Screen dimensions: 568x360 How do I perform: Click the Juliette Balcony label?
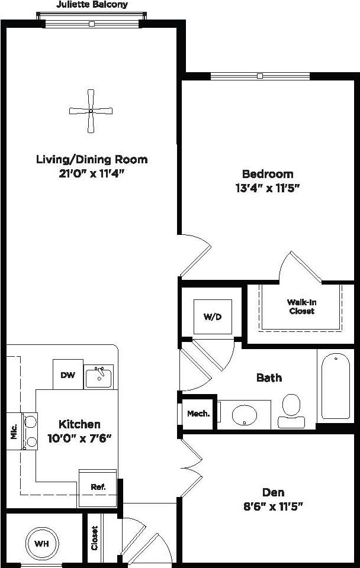point(92,5)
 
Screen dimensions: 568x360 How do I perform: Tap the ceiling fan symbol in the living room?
point(91,111)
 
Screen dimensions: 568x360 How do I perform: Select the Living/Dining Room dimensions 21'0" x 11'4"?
point(92,173)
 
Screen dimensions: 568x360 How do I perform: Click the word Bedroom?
point(268,174)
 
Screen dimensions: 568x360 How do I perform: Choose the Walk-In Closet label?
point(301,306)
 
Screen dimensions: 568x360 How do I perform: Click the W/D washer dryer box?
point(213,317)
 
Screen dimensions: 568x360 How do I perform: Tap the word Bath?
point(269,377)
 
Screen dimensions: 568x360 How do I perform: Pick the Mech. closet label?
point(198,414)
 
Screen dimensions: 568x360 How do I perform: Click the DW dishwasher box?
point(67,375)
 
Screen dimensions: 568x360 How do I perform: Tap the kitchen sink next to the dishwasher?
point(99,376)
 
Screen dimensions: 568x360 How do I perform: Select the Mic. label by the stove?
point(14,431)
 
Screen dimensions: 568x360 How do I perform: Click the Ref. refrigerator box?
point(98,488)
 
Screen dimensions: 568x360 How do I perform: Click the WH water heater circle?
point(41,543)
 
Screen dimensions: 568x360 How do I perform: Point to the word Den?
point(273,492)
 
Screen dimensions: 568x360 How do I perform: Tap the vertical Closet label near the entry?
point(94,538)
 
